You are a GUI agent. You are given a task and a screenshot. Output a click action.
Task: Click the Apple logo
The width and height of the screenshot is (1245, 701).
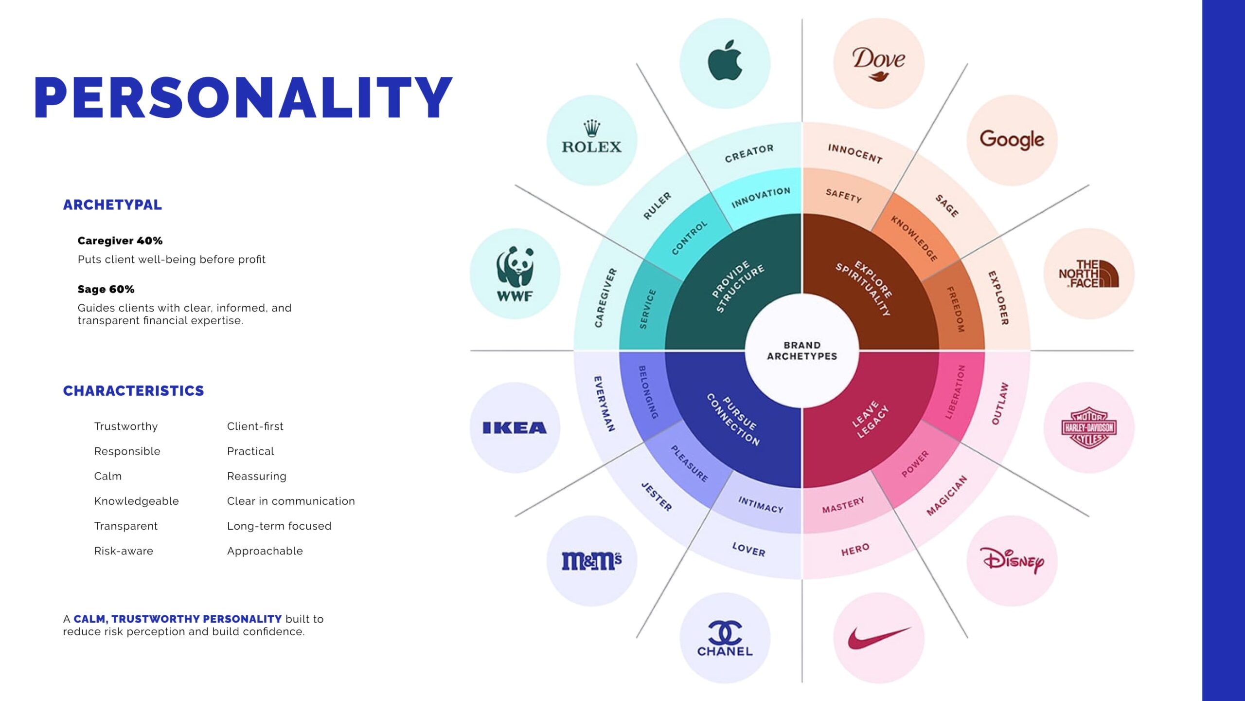pyautogui.click(x=725, y=60)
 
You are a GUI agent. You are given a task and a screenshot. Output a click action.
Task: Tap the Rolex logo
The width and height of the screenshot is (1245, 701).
pyautogui.click(x=592, y=137)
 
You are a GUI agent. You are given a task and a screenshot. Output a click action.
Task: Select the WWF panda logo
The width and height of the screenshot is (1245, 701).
pyautogui.click(x=515, y=274)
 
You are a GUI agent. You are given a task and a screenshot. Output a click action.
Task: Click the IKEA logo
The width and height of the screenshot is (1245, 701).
pyautogui.click(x=515, y=427)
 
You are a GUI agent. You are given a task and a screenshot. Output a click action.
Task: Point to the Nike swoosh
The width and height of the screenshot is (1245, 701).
pyautogui.click(x=878, y=637)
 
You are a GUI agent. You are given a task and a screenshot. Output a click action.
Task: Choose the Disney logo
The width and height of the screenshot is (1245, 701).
pyautogui.click(x=1012, y=560)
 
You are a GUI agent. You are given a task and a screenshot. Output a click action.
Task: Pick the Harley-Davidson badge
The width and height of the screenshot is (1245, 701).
pyautogui.click(x=1089, y=427)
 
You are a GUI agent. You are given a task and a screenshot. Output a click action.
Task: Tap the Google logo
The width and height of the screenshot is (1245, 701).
pyautogui.click(x=1012, y=140)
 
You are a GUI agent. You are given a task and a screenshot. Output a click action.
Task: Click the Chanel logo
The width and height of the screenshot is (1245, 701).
pyautogui.click(x=725, y=638)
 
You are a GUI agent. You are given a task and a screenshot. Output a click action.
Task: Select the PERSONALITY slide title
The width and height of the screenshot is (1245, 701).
pyautogui.click(x=243, y=97)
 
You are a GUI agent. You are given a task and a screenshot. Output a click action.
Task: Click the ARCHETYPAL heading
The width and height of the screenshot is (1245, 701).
pyautogui.click(x=112, y=205)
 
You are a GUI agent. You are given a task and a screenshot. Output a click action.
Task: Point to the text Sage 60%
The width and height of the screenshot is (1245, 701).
pyautogui.click(x=106, y=289)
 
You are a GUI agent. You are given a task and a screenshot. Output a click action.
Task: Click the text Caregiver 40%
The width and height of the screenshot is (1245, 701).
pyautogui.click(x=120, y=240)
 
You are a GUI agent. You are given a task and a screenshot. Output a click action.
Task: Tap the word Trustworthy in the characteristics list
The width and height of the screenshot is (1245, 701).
pyautogui.click(x=126, y=426)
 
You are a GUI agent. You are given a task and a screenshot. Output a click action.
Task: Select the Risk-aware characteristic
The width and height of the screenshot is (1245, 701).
pyautogui.click(x=124, y=551)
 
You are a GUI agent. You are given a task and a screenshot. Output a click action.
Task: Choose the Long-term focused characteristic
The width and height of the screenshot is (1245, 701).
pyautogui.click(x=279, y=526)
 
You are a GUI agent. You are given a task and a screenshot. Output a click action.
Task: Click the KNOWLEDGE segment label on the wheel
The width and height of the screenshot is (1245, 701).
pyautogui.click(x=914, y=239)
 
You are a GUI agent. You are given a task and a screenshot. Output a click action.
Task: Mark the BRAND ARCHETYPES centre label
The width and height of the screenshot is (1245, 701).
pyautogui.click(x=802, y=350)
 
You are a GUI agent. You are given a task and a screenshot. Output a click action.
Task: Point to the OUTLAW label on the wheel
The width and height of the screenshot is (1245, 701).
pyautogui.click(x=1000, y=403)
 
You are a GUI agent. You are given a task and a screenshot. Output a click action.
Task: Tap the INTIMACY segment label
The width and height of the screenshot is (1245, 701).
pyautogui.click(x=761, y=505)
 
